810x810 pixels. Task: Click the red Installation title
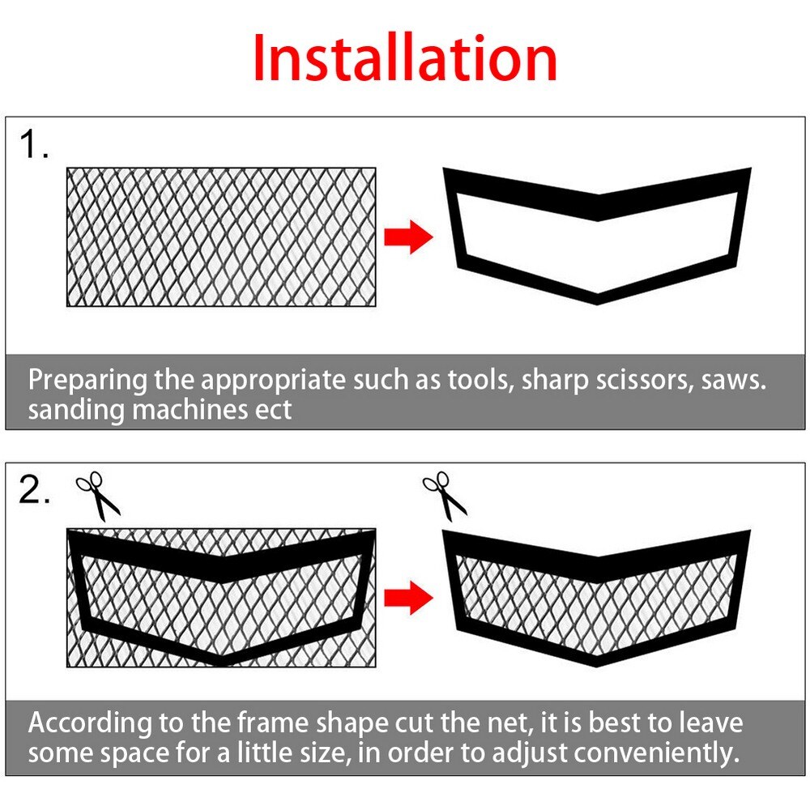(405, 58)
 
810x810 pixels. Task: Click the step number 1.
(33, 146)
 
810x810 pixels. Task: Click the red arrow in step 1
(408, 237)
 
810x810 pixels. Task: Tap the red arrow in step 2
(408, 599)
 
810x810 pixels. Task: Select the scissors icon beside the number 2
(97, 497)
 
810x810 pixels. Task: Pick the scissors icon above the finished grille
(445, 497)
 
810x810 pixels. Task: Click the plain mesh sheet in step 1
(221, 237)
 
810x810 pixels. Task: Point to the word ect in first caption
(271, 410)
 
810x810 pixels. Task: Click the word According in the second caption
(90, 723)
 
